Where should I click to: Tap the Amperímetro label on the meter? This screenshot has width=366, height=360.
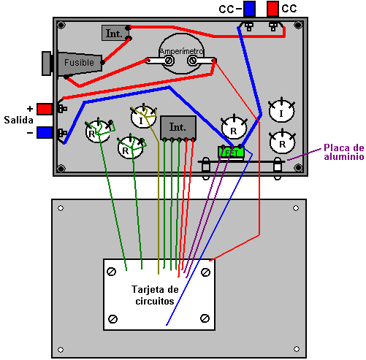pyautogui.click(x=181, y=51)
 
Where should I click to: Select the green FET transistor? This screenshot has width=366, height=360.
pyautogui.click(x=231, y=152)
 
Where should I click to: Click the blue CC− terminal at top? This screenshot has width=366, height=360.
pyautogui.click(x=249, y=9)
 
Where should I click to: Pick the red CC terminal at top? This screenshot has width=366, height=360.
pyautogui.click(x=272, y=9)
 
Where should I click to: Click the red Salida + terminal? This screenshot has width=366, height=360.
pyautogui.click(x=45, y=109)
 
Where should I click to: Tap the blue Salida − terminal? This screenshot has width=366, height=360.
pyautogui.click(x=45, y=132)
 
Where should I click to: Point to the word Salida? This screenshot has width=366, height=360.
pyautogui.click(x=18, y=120)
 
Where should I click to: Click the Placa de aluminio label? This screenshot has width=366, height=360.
pyautogui.click(x=344, y=152)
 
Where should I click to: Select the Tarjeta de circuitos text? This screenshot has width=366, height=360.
pyautogui.click(x=155, y=295)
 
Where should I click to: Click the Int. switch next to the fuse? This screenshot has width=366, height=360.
pyautogui.click(x=115, y=33)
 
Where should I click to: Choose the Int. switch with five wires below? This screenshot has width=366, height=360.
pyautogui.click(x=178, y=128)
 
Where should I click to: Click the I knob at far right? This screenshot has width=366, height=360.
pyautogui.click(x=281, y=111)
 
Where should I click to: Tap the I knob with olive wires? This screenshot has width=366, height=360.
pyautogui.click(x=143, y=117)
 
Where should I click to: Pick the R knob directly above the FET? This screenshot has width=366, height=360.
pyautogui.click(x=234, y=129)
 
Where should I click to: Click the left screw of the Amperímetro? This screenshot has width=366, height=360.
pyautogui.click(x=169, y=61)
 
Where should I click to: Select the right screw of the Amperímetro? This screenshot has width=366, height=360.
pyautogui.click(x=192, y=61)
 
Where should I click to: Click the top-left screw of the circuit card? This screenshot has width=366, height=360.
pyautogui.click(x=112, y=272)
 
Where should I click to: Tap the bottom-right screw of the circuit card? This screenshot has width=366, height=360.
pyautogui.click(x=205, y=318)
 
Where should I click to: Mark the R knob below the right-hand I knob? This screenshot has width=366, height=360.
pyautogui.click(x=282, y=142)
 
